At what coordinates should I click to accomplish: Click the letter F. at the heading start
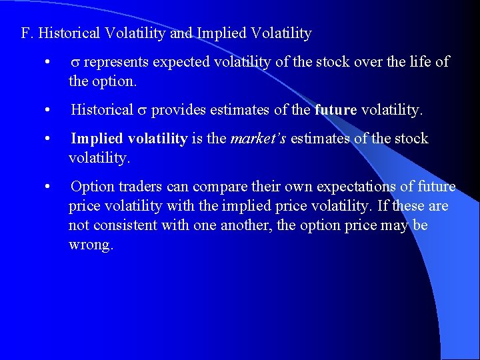[27, 33]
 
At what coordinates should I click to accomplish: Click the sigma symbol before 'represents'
[75, 63]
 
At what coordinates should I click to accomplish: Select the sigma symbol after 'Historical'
[142, 110]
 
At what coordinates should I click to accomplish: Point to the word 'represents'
[117, 63]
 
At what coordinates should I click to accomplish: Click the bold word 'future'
[335, 110]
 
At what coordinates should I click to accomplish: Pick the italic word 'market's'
[258, 139]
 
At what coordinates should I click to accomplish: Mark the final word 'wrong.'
[91, 245]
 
